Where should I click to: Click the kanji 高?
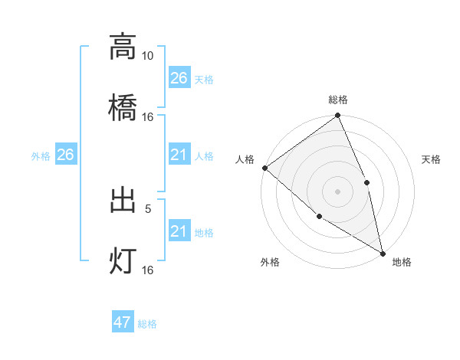tap(123, 47)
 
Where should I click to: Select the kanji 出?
tap(123, 201)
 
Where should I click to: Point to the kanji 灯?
tap(123, 260)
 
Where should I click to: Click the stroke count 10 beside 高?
tap(147, 56)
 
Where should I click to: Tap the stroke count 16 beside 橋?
tap(147, 116)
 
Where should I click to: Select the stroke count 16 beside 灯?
tap(147, 270)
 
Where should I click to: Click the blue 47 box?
tap(123, 322)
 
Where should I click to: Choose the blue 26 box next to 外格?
tap(65, 155)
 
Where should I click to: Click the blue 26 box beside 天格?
tap(179, 77)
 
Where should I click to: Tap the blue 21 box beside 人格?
tap(179, 155)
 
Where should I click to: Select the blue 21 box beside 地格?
tap(179, 231)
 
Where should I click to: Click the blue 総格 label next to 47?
tap(147, 324)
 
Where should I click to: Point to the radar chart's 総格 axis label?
tap(338, 100)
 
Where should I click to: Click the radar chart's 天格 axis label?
tap(432, 159)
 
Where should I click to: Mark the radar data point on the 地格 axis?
tap(383, 252)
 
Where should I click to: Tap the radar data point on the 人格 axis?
tap(264, 168)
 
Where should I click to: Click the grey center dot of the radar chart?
tap(337, 191)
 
